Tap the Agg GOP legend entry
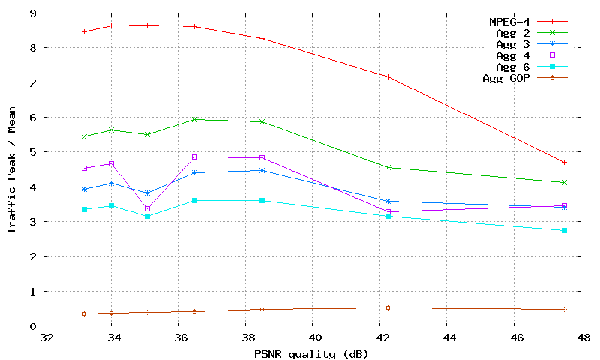pos(507,78)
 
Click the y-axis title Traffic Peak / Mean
pos(11,169)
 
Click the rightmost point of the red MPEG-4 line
pos(564,162)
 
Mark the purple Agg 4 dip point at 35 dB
pos(147,208)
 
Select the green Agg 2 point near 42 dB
pos(388,167)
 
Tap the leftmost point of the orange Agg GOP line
pos(84,313)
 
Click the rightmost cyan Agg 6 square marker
pos(564,230)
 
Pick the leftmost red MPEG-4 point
pos(84,31)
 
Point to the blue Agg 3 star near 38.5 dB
pos(262,170)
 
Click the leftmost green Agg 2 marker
pos(84,136)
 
